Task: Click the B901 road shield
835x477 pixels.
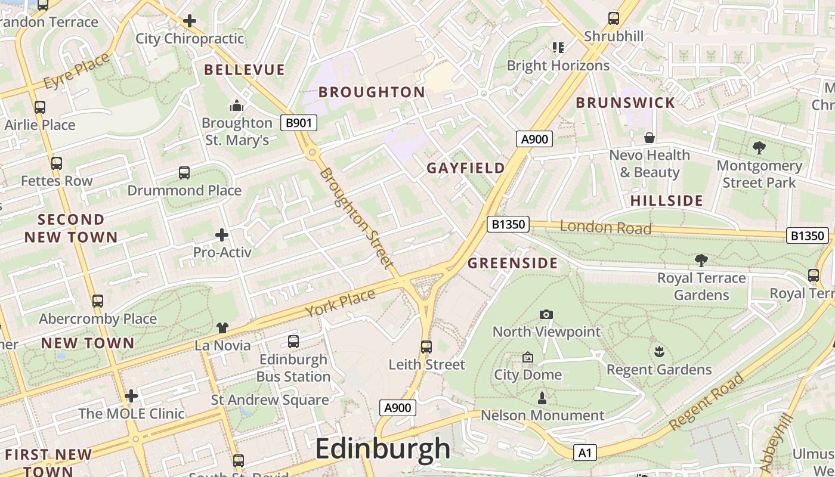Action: pos(299,123)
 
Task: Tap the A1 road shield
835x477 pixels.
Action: pos(584,453)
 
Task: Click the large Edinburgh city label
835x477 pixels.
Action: pos(382,449)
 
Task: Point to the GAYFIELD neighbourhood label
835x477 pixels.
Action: pos(466,168)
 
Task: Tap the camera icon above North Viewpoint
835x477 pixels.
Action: pos(546,314)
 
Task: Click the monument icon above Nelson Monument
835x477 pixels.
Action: pos(542,397)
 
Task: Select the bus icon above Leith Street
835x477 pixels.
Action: pos(426,346)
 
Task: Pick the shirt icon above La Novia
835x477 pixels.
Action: pos(222,327)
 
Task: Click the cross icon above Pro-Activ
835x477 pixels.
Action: pos(222,234)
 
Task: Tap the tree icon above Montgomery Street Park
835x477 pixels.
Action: pos(759,148)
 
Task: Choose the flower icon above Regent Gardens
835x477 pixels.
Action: pos(658,352)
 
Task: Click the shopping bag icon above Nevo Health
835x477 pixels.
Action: pos(650,138)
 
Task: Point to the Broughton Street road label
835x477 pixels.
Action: pos(357,218)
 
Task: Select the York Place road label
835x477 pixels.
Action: pos(340,303)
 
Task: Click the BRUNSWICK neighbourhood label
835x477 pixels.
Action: pos(625,103)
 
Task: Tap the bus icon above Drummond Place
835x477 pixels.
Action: pos(184,173)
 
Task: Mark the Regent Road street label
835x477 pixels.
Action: pos(707,401)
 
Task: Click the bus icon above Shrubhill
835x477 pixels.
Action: pos(614,18)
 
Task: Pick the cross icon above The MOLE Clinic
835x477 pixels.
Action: pos(131,395)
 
